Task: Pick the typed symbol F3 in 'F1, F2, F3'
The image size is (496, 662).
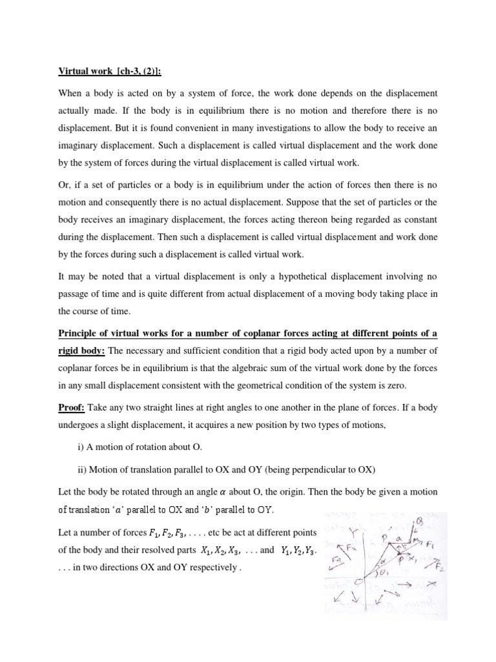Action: pyautogui.click(x=184, y=532)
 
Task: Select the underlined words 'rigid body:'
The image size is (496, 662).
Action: pyautogui.click(x=82, y=350)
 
